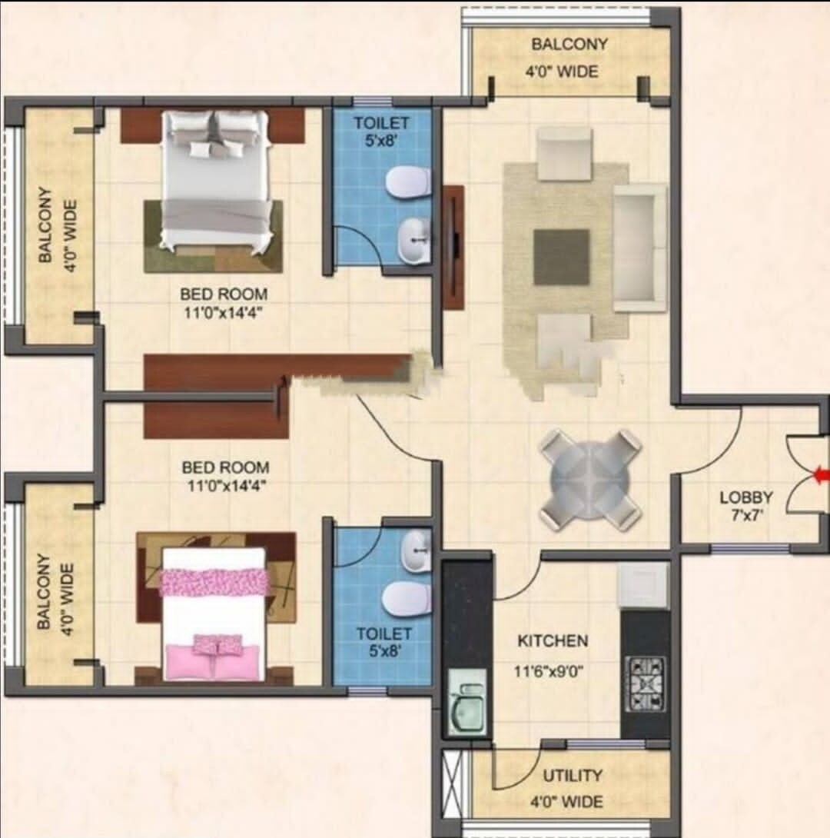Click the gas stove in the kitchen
click(x=646, y=683)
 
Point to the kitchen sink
click(x=467, y=703)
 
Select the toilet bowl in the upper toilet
click(x=407, y=182)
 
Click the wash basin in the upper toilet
click(x=416, y=240)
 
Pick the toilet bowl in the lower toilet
click(x=407, y=597)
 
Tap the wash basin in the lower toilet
click(x=416, y=551)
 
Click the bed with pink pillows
click(x=214, y=615)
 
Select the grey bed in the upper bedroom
click(x=217, y=181)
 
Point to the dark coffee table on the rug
click(x=562, y=257)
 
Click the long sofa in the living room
click(x=639, y=248)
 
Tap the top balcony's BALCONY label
click(x=569, y=45)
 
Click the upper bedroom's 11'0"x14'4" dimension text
click(x=224, y=311)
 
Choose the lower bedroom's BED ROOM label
click(x=225, y=467)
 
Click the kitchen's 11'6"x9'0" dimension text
click(x=549, y=670)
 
